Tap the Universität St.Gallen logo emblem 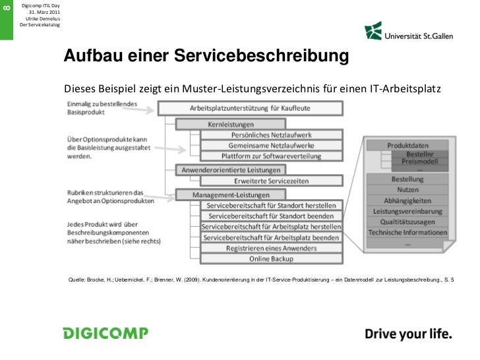pyautogui.click(x=373, y=31)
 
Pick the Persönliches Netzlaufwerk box pyautogui.click(x=271, y=135)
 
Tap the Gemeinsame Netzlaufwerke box pyautogui.click(x=271, y=145)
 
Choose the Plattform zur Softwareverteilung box pyautogui.click(x=271, y=156)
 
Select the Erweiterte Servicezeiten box pyautogui.click(x=271, y=180)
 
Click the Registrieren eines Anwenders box pyautogui.click(x=271, y=248)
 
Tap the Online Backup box pyautogui.click(x=271, y=258)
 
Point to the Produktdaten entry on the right pyautogui.click(x=407, y=145)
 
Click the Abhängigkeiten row pyautogui.click(x=408, y=200)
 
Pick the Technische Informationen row pyautogui.click(x=408, y=232)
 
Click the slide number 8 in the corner pyautogui.click(x=7, y=8)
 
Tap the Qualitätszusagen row pyautogui.click(x=408, y=222)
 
